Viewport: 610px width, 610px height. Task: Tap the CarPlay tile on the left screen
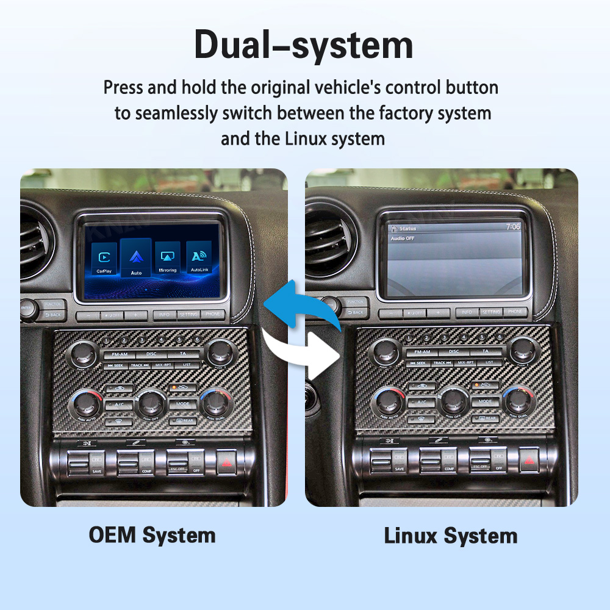click(x=104, y=259)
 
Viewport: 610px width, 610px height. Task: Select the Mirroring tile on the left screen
click(x=167, y=259)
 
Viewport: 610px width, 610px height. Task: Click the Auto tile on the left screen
click(x=135, y=257)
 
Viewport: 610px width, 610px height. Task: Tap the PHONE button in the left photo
click(x=212, y=315)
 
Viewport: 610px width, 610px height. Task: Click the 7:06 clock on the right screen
click(x=513, y=226)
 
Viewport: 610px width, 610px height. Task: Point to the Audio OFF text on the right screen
click(x=403, y=239)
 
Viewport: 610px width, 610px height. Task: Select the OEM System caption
click(x=152, y=536)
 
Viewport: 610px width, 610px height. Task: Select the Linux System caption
click(x=450, y=536)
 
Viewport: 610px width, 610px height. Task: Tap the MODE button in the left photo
click(x=182, y=404)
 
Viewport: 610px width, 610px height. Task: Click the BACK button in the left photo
click(x=54, y=314)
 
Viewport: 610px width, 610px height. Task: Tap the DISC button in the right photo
click(x=453, y=352)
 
